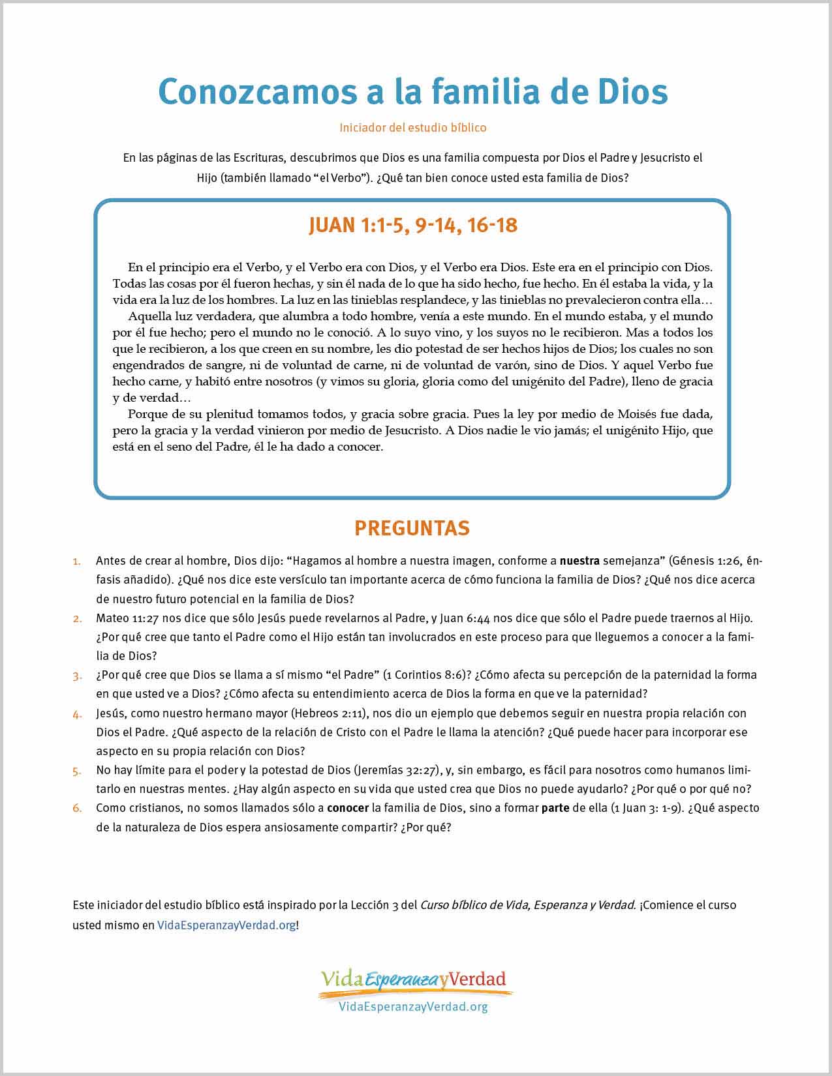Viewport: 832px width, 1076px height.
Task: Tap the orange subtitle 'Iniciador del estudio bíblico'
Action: pyautogui.click(x=412, y=128)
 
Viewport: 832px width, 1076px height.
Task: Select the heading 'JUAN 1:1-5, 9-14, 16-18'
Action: pyautogui.click(x=412, y=226)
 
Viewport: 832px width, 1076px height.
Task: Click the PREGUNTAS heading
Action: pyautogui.click(x=412, y=528)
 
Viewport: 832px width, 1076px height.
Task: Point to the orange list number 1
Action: pyautogui.click(x=77, y=561)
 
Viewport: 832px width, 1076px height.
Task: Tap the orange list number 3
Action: pyautogui.click(x=77, y=676)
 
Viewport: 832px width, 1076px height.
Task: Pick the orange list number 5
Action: pyautogui.click(x=77, y=771)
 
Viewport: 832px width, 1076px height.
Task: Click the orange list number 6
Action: pyautogui.click(x=77, y=809)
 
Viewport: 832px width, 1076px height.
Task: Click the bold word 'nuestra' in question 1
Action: pyautogui.click(x=579, y=561)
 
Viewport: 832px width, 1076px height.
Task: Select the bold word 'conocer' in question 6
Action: pyautogui.click(x=348, y=808)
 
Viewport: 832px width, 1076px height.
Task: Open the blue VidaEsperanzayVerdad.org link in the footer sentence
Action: pyautogui.click(x=226, y=925)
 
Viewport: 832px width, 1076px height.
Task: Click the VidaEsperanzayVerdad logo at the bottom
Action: pyautogui.click(x=413, y=981)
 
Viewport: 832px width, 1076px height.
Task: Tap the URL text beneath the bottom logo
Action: pyautogui.click(x=413, y=1007)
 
